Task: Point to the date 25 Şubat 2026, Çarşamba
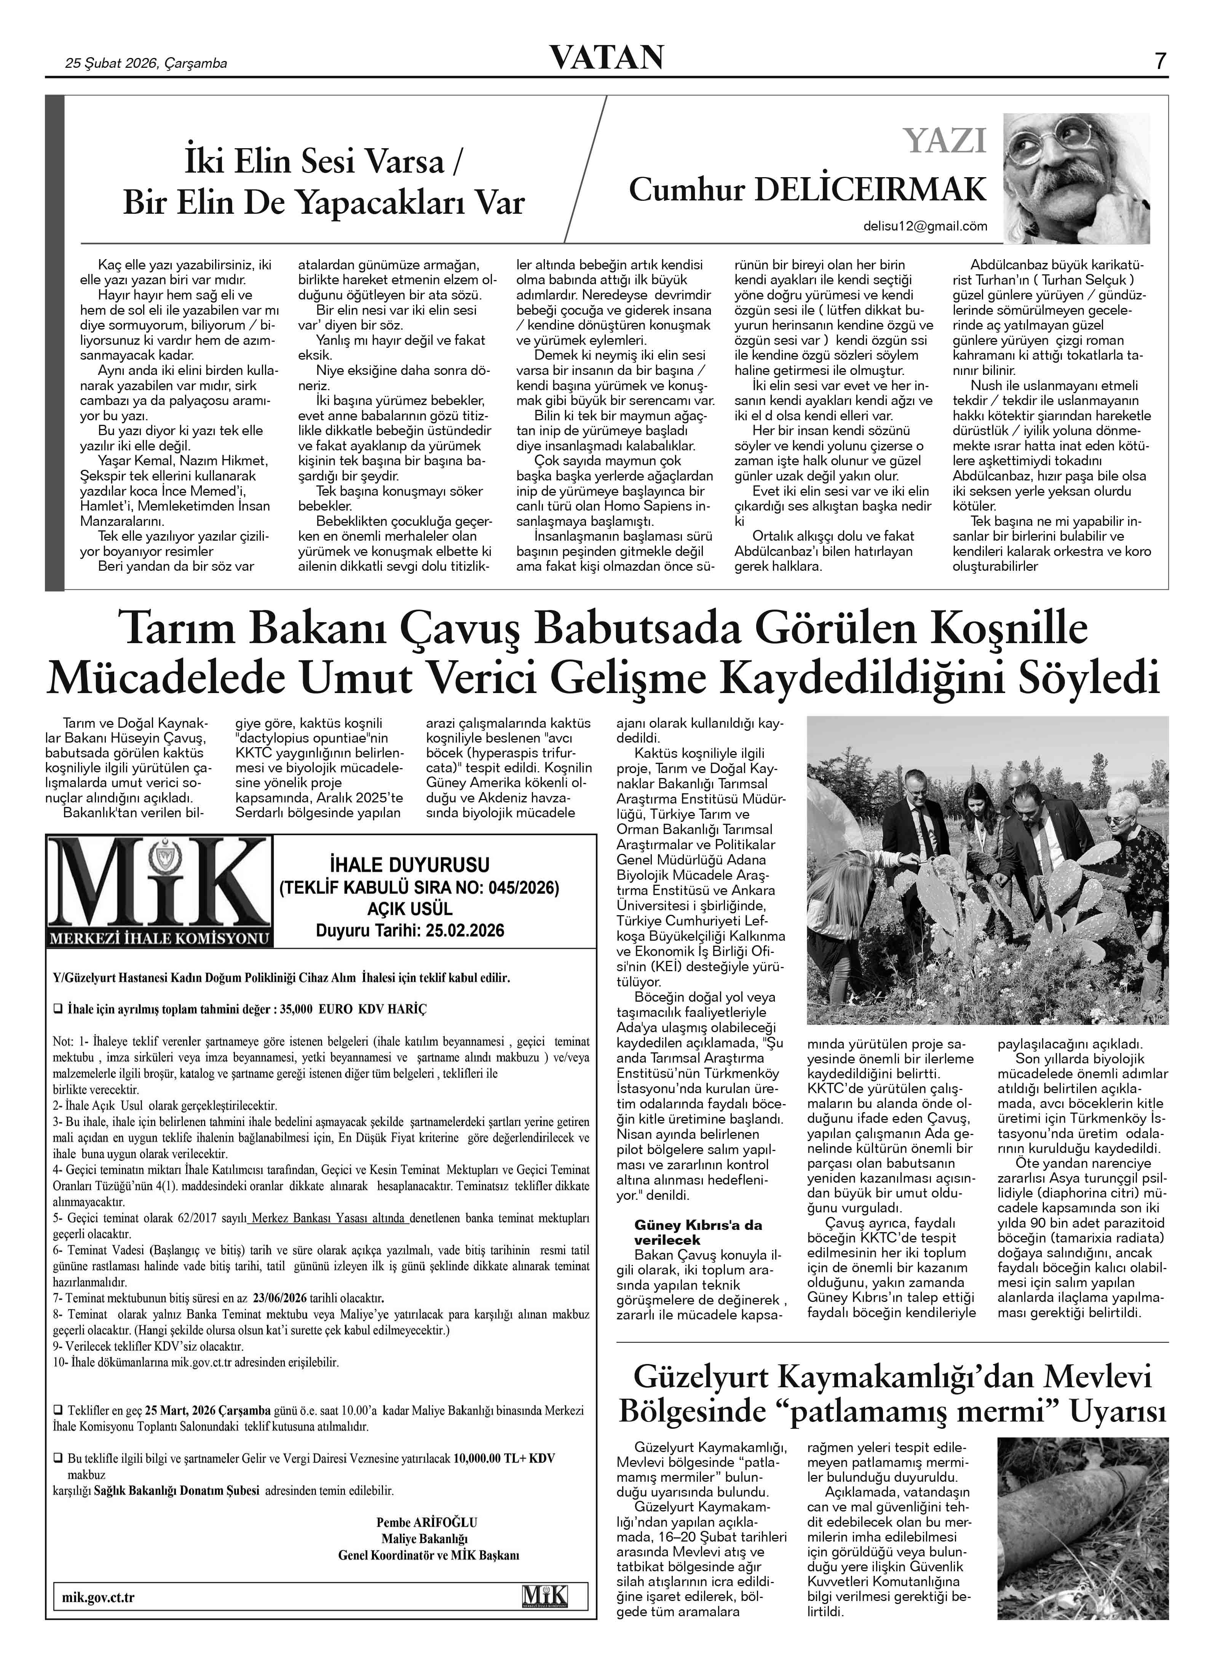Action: [146, 63]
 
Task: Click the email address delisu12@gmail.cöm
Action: [925, 227]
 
